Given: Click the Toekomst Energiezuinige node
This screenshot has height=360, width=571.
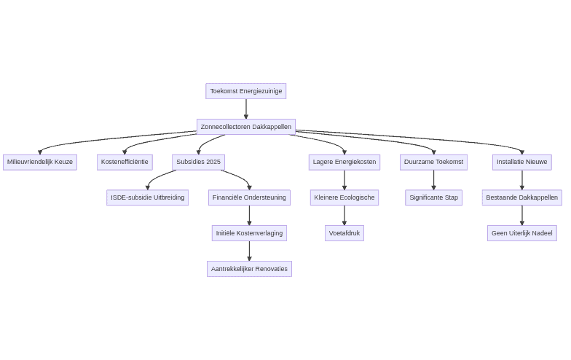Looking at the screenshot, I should [x=246, y=91].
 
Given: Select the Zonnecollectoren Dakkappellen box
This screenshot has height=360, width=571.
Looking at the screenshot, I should [x=246, y=127].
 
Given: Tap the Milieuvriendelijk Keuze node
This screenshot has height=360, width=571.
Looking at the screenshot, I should [x=40, y=162].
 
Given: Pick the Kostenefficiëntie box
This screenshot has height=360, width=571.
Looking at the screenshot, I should [x=125, y=162].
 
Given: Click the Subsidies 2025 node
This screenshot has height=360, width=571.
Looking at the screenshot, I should [x=198, y=162].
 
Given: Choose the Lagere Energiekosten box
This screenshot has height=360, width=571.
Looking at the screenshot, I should [x=344, y=162].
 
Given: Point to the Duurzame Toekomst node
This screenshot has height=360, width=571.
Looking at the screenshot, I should [x=433, y=162].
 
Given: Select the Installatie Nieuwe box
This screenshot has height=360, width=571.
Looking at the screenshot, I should [x=521, y=162].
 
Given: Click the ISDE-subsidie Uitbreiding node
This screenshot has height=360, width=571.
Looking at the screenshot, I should [x=147, y=197].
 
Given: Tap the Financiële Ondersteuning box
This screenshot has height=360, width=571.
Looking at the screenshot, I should [x=249, y=197].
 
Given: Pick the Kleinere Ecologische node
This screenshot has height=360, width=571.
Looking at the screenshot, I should [x=344, y=197].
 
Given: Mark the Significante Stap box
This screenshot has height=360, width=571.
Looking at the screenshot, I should [x=433, y=197].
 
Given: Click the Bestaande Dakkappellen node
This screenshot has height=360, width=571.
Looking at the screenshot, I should [x=521, y=197].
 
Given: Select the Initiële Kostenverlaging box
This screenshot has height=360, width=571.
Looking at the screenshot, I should [x=249, y=233].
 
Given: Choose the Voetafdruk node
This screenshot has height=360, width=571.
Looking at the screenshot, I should [x=344, y=233].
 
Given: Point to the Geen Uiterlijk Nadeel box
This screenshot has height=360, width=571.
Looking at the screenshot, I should [x=521, y=233].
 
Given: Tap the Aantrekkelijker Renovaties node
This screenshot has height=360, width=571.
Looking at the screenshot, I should [x=249, y=269].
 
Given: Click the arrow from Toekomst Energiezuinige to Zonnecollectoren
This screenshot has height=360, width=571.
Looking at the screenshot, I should [x=246, y=109].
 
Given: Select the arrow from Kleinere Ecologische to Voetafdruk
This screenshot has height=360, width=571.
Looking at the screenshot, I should [x=344, y=216].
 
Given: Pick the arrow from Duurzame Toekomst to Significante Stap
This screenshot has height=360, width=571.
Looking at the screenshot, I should [x=434, y=180].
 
